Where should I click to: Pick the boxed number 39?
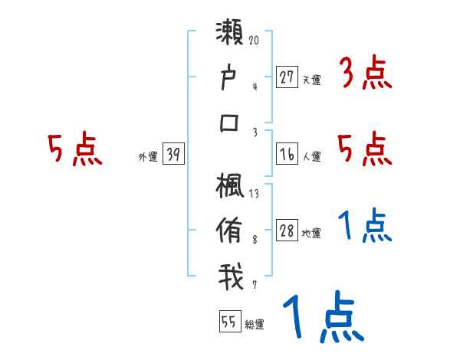click(173, 155)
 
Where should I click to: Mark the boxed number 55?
click(228, 322)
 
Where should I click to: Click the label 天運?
click(311, 79)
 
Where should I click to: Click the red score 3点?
click(365, 74)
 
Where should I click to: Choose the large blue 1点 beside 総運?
click(322, 319)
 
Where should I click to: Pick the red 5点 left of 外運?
click(74, 151)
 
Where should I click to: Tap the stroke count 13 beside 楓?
click(254, 194)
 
